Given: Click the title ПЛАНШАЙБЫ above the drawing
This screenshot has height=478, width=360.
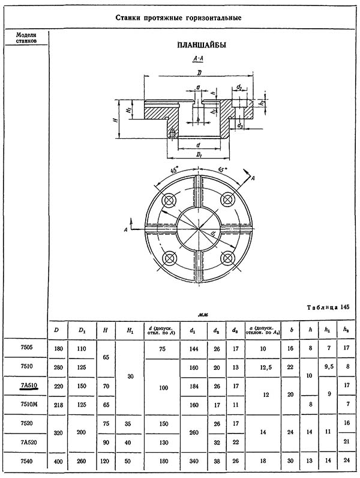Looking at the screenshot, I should (x=202, y=46).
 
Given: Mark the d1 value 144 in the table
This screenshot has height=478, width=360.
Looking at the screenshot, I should (x=193, y=348).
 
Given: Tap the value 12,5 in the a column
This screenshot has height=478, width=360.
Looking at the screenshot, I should (x=266, y=367).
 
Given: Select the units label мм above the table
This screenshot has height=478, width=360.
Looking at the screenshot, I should (x=202, y=315).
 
